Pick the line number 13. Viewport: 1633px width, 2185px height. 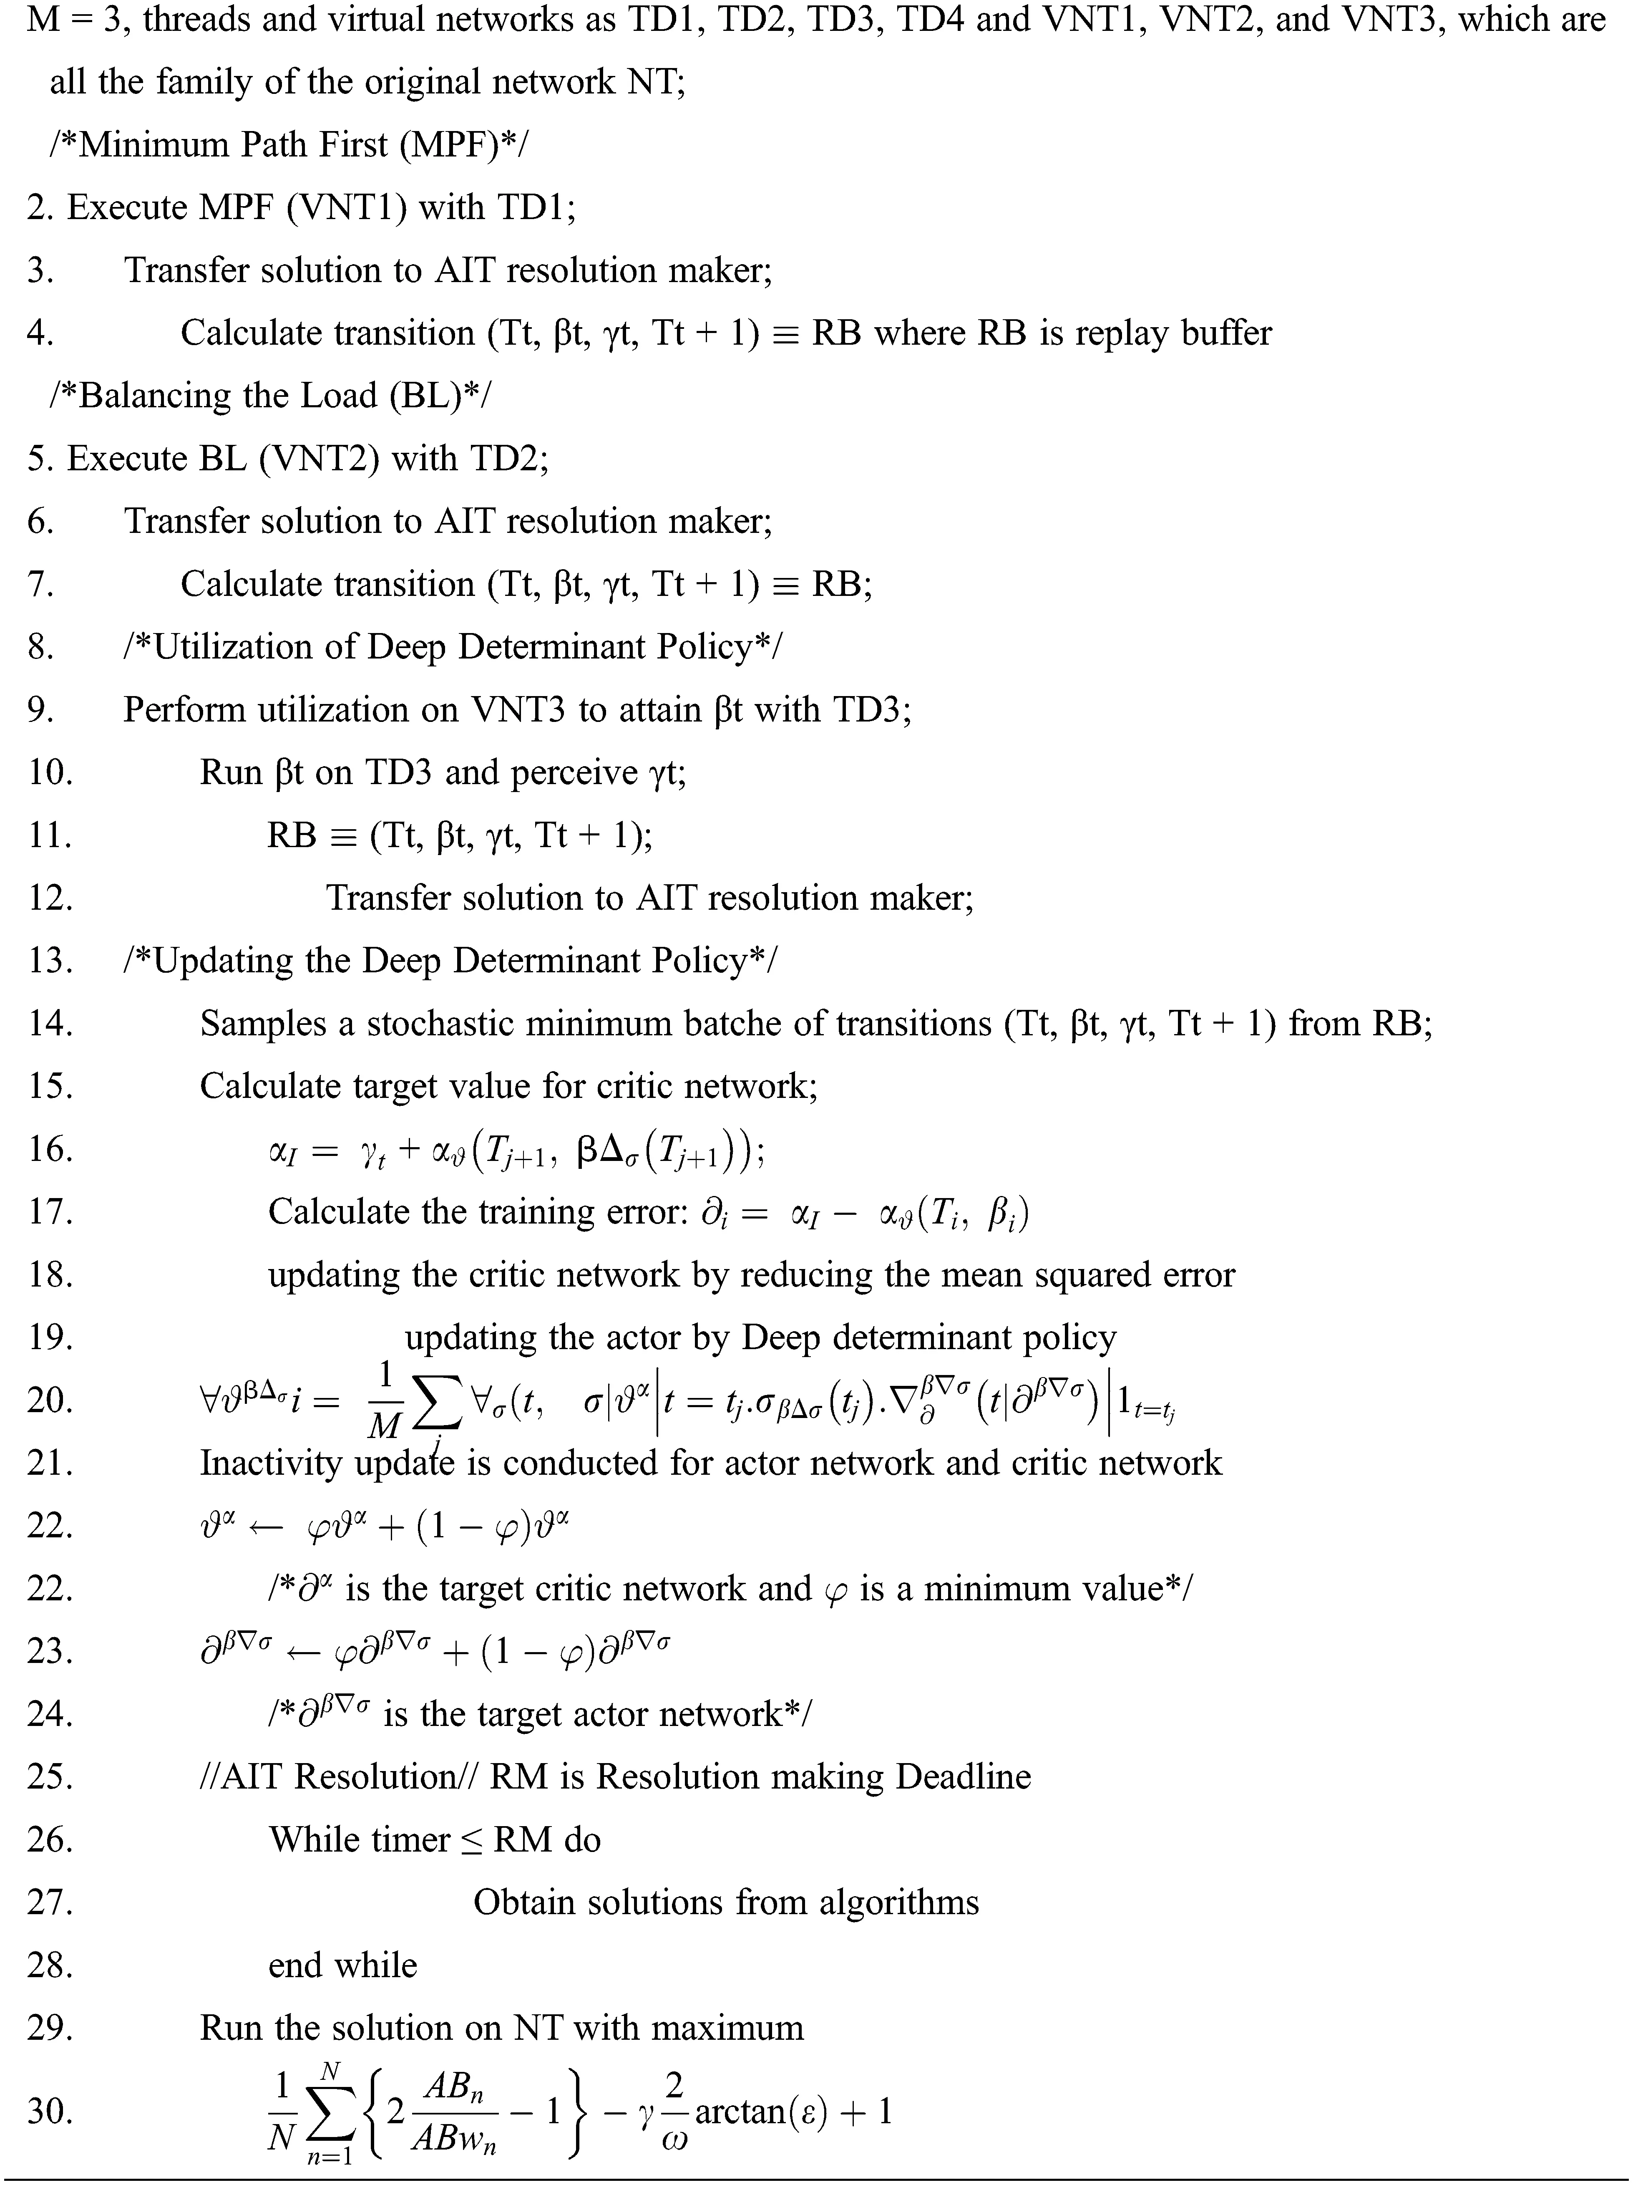(49, 960)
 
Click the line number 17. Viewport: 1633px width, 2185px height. (49, 1211)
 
